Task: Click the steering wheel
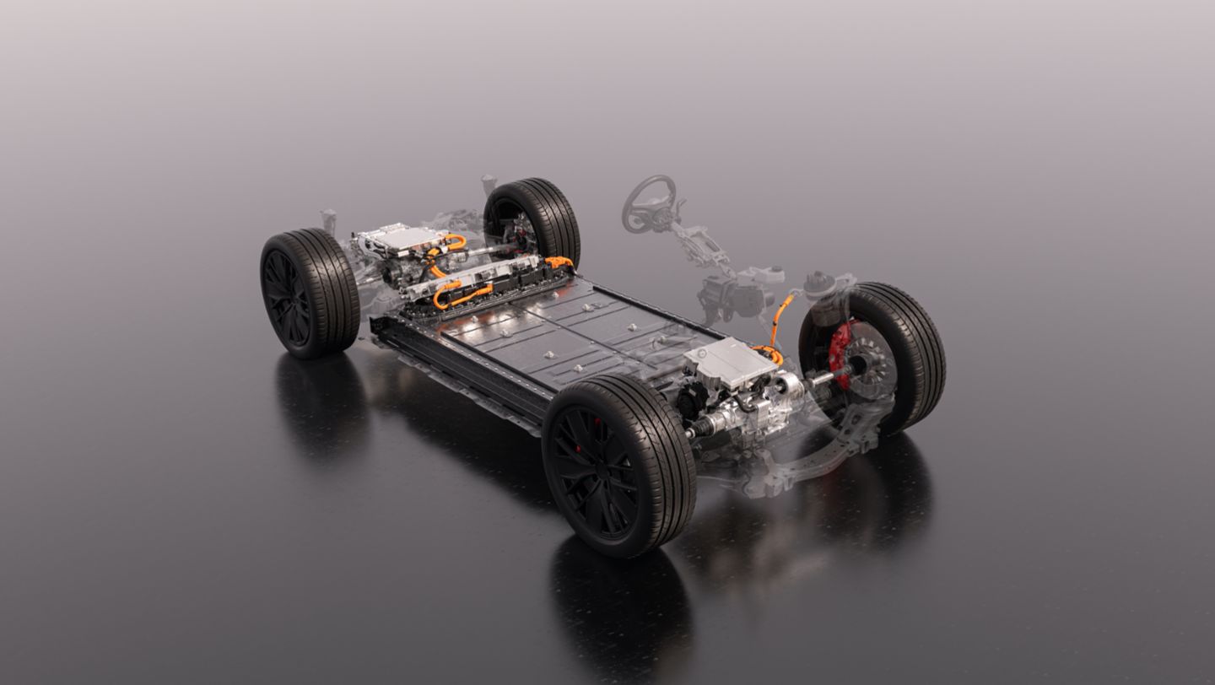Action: [648, 202]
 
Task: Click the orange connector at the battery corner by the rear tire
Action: [558, 262]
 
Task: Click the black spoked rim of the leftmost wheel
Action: [287, 295]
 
